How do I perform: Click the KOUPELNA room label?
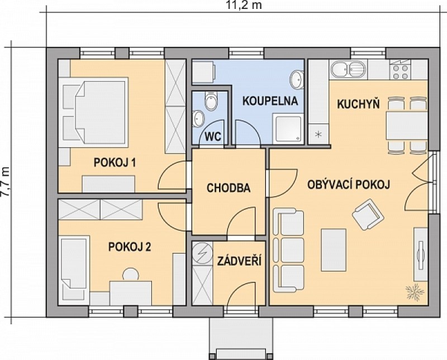pyautogui.click(x=270, y=101)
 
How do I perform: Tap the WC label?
pyautogui.click(x=213, y=137)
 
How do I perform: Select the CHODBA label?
pyautogui.click(x=229, y=188)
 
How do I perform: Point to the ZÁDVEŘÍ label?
pyautogui.click(x=239, y=261)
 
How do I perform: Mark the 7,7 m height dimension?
pyautogui.click(x=6, y=181)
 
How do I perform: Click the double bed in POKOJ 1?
pyautogui.click(x=93, y=112)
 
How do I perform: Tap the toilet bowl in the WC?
pyautogui.click(x=211, y=101)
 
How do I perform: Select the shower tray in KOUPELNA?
pyautogui.click(x=288, y=128)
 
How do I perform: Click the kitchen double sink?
pyautogui.click(x=348, y=70)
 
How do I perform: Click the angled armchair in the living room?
pyautogui.click(x=367, y=214)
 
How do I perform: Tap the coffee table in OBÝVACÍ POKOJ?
pyautogui.click(x=334, y=250)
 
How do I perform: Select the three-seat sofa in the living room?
pyautogui.click(x=288, y=251)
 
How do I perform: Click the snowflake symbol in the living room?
pyautogui.click(x=415, y=292)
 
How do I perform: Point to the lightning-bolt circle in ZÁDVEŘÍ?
pyautogui.click(x=202, y=253)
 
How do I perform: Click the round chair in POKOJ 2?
pyautogui.click(x=131, y=275)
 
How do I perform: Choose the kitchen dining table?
pyautogui.click(x=407, y=126)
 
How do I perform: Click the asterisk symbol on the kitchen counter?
pyautogui.click(x=318, y=134)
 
